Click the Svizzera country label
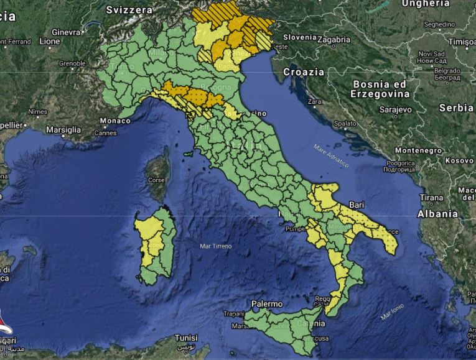coord(129,10)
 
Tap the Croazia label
coord(304,72)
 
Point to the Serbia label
coord(456,107)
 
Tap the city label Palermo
coord(267,303)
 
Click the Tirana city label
coord(432,198)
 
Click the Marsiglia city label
coord(63,130)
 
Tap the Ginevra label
coord(66,32)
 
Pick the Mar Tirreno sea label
coord(215,246)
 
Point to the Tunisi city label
coord(185,338)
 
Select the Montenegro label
coord(418,150)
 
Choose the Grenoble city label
coord(72,63)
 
